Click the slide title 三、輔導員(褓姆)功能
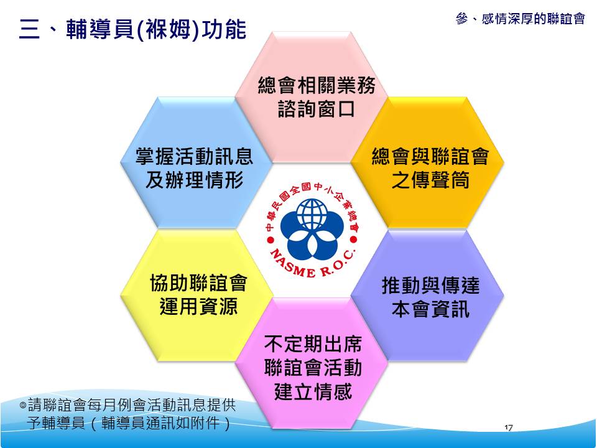click(132, 29)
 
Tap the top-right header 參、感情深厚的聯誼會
click(520, 18)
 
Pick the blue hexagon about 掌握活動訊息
click(197, 162)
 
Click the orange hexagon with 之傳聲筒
click(427, 162)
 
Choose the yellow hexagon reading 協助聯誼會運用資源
click(197, 295)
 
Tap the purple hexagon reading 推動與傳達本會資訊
click(427, 295)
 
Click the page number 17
click(508, 427)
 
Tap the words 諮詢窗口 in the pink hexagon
click(317, 109)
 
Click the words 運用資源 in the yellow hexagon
click(198, 306)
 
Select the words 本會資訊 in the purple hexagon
click(430, 309)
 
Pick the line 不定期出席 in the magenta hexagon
click(313, 344)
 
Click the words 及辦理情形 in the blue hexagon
click(194, 180)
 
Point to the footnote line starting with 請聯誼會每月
click(128, 404)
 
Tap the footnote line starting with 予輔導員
click(129, 422)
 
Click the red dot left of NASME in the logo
click(271, 240)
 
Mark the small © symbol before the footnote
click(23, 405)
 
